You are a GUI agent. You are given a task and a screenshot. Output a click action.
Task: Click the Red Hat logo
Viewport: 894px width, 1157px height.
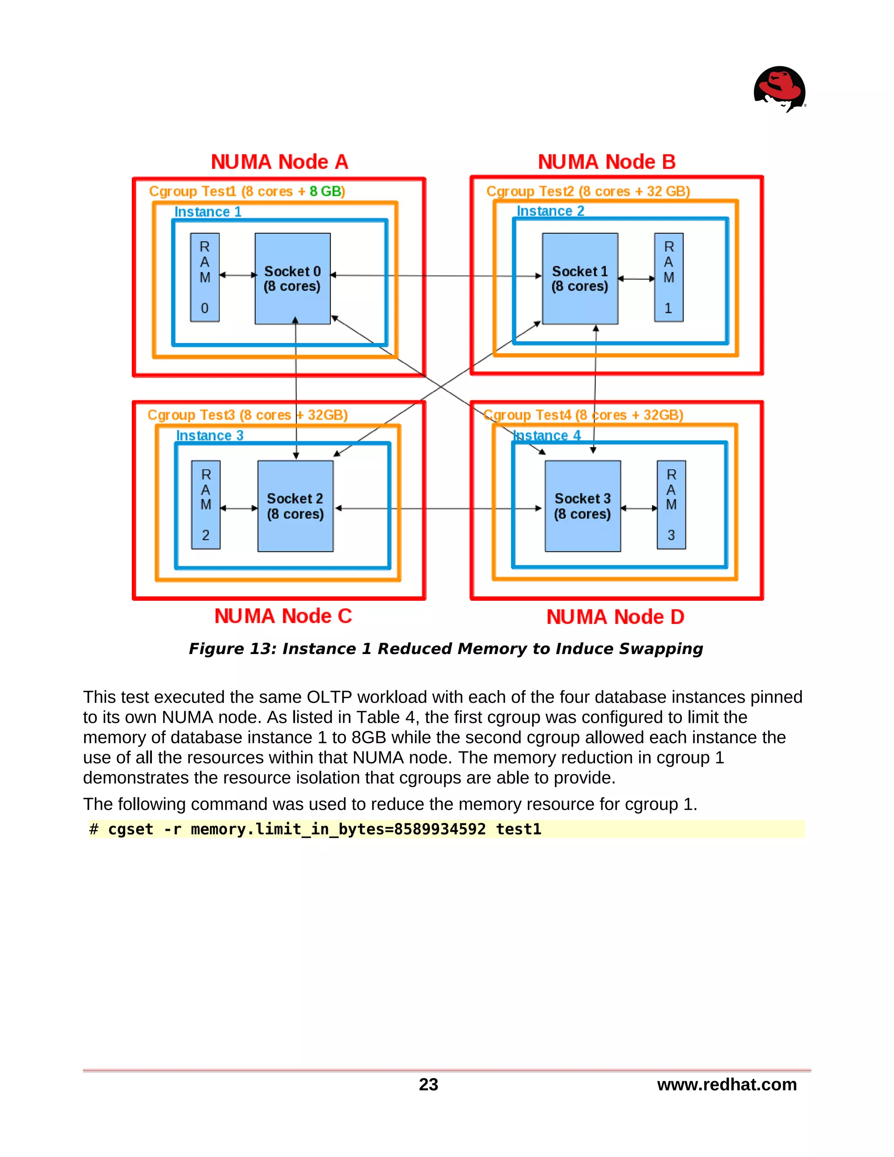point(779,89)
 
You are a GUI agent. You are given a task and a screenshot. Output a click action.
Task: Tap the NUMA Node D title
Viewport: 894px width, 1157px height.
point(615,616)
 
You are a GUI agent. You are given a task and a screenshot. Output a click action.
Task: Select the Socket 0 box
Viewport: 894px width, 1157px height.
point(292,279)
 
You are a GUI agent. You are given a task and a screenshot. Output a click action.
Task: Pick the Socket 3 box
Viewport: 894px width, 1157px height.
point(583,506)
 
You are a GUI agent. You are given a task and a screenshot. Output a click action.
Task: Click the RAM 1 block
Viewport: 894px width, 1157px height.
point(668,277)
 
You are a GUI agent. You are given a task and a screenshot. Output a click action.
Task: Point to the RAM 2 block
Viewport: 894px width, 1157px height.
point(206,504)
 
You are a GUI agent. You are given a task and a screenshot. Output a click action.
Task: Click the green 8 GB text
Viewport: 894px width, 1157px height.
point(327,191)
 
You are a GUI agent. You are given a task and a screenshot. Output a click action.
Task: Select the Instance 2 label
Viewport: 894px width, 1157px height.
point(550,211)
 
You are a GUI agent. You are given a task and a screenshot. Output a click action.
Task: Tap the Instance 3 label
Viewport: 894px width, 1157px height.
point(209,435)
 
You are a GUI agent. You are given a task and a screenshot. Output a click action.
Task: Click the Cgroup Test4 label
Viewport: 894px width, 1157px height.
point(583,415)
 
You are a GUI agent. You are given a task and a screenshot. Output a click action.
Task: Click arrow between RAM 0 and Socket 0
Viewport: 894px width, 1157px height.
point(238,275)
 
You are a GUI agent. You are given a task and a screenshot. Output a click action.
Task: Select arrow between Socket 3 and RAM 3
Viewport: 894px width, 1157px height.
point(639,508)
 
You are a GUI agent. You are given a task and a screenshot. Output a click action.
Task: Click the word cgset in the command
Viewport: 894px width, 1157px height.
point(130,829)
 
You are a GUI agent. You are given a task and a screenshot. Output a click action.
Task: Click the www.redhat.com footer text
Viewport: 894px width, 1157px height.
point(727,1085)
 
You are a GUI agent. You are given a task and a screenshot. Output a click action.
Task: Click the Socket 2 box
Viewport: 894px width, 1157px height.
point(295,506)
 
